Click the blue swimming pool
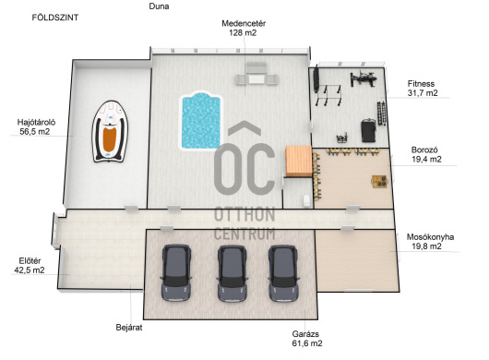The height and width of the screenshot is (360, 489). pos(201,121)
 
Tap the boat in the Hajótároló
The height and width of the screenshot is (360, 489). pos(110,131)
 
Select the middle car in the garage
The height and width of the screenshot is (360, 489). pos(232,273)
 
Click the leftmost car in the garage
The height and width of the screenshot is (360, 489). pos(176,272)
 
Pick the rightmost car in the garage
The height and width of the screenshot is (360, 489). pos(283,273)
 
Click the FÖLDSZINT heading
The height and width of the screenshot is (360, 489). pos(55,18)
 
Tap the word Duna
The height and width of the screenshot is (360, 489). pos(159,6)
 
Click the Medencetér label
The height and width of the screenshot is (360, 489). pos(244,23)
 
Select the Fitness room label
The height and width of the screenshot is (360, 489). pos(421,84)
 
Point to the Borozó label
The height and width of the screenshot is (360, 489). pos(424,150)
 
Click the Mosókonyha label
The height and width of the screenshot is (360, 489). pos(430,237)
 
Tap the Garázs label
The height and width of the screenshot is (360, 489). pos(305,334)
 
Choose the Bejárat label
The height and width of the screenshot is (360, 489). pos(129,328)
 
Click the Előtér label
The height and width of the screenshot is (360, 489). pos(30,261)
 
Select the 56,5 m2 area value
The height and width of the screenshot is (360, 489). pos(35,132)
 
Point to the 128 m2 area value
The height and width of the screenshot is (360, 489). pos(243,32)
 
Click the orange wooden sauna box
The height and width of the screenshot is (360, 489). pos(299,162)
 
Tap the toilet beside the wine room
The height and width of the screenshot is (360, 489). pos(306,200)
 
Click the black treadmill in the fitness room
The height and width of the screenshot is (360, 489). pos(368,130)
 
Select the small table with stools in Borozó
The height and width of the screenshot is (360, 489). pos(379,182)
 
